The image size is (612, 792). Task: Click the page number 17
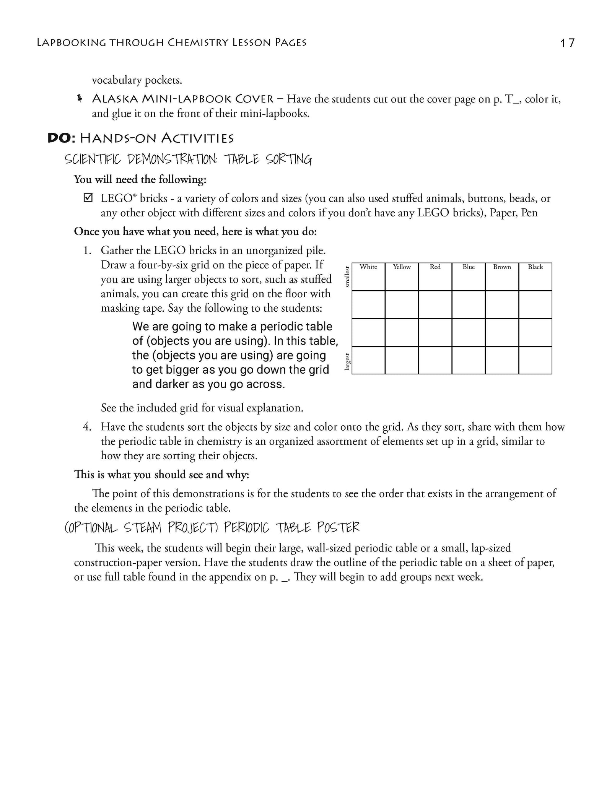point(567,43)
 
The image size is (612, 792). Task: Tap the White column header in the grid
point(368,267)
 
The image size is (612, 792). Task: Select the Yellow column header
point(402,267)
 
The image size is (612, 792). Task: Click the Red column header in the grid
point(435,267)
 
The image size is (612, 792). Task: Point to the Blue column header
point(469,267)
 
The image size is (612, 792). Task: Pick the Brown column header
point(502,267)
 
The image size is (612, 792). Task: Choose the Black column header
point(535,267)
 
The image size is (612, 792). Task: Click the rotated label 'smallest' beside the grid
point(347,277)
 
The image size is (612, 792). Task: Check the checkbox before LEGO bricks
point(88,198)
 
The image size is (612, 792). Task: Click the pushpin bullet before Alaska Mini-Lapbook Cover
point(80,99)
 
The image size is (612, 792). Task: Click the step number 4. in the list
point(87,427)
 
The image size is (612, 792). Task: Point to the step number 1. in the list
point(87,250)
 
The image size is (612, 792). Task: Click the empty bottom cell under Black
point(535,360)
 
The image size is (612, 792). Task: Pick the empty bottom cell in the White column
point(368,360)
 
